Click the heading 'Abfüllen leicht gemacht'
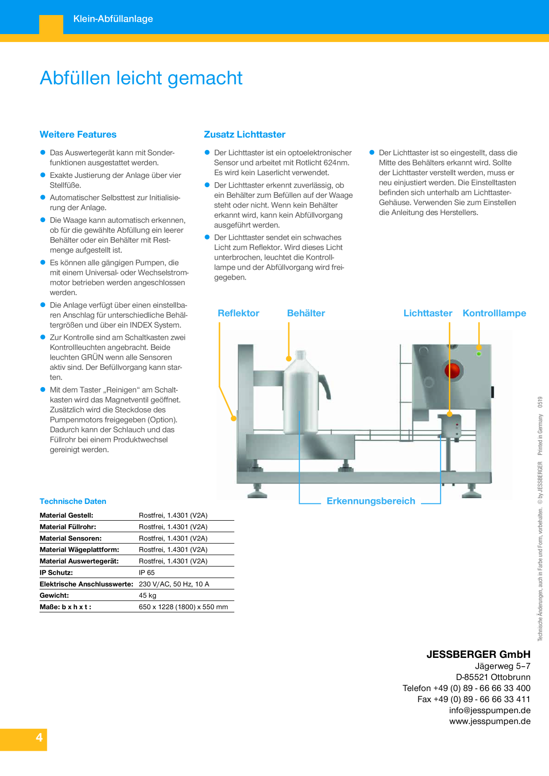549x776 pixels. point(141,78)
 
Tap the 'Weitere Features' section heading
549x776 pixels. point(78,134)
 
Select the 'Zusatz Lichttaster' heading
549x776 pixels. point(244,134)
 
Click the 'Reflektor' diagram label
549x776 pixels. point(238,313)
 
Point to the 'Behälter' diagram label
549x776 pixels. point(306,313)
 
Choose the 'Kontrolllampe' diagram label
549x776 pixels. point(494,313)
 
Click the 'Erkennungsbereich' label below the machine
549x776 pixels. point(371,501)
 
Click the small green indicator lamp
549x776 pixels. point(479,354)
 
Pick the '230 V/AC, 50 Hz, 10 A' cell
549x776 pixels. point(174,584)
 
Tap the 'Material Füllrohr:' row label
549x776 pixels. point(68,527)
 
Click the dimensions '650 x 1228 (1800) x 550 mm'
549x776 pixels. point(183,607)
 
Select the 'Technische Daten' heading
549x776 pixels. point(73,501)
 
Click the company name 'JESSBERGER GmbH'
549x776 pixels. point(478,654)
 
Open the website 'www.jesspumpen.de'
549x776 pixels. point(490,721)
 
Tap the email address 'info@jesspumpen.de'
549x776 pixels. point(490,710)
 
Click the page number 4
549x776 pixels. point(39,738)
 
